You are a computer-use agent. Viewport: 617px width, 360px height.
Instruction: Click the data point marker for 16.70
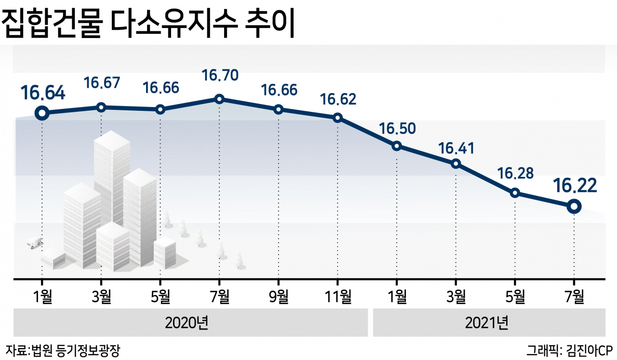pyautogui.click(x=219, y=99)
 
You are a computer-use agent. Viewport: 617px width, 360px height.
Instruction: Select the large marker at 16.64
pyautogui.click(x=42, y=113)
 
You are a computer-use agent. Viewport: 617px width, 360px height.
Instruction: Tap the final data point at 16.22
pyautogui.click(x=574, y=206)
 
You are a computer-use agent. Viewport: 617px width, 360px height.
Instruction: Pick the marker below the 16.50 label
pyautogui.click(x=397, y=146)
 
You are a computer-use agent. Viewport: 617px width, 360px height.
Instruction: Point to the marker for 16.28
pyautogui.click(x=515, y=193)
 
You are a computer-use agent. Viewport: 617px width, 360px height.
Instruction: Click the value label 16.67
pyautogui.click(x=102, y=82)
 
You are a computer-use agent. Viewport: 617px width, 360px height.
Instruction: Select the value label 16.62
pyautogui.click(x=338, y=99)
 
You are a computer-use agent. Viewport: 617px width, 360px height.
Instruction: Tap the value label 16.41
pyautogui.click(x=456, y=148)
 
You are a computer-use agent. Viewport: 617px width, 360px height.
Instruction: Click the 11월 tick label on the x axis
pyautogui.click(x=338, y=296)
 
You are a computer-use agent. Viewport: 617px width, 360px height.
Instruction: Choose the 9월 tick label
pyautogui.click(x=279, y=296)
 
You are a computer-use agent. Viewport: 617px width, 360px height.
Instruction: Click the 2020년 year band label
pyautogui.click(x=187, y=322)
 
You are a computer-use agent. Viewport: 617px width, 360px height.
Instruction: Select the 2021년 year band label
pyautogui.click(x=486, y=322)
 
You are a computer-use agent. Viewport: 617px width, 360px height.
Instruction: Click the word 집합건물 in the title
pyautogui.click(x=53, y=24)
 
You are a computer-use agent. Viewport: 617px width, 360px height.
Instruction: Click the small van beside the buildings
pyautogui.click(x=35, y=242)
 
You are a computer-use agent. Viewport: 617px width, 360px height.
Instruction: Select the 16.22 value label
pyautogui.click(x=575, y=186)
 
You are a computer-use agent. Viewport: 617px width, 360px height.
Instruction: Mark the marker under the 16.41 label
pyautogui.click(x=456, y=164)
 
